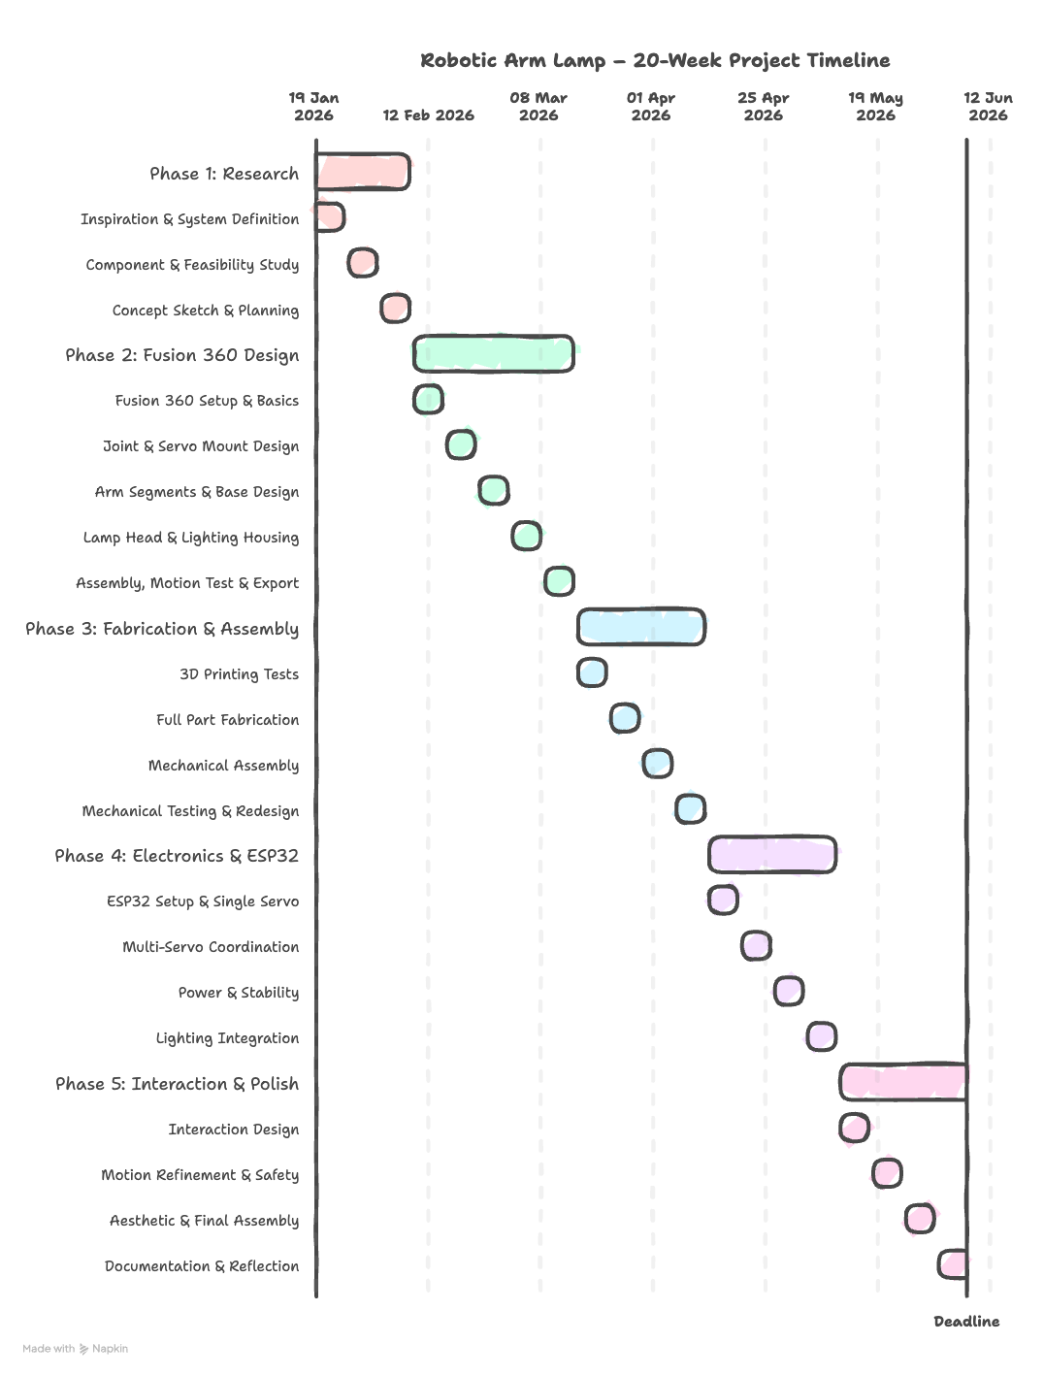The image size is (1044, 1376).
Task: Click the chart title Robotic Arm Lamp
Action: click(655, 60)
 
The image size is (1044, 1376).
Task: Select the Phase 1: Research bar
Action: click(363, 172)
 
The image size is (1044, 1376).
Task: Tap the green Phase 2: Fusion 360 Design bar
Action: click(493, 353)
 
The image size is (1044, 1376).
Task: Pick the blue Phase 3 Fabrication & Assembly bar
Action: click(640, 627)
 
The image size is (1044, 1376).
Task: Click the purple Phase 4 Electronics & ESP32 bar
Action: click(772, 854)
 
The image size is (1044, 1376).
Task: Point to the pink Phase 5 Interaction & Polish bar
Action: click(903, 1082)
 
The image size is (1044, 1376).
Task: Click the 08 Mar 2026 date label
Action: click(538, 107)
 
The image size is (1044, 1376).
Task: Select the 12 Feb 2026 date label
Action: click(428, 115)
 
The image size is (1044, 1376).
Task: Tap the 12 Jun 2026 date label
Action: click(988, 107)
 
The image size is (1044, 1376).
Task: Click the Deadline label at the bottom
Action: click(966, 1322)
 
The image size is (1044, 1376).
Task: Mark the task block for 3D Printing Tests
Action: click(592, 672)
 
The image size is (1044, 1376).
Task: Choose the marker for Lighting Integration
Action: click(821, 1036)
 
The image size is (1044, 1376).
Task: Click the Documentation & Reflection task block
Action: click(953, 1264)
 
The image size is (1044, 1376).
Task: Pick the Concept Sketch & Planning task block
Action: click(395, 309)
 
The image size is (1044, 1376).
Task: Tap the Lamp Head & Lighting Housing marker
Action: click(526, 536)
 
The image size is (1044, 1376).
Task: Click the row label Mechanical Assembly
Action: click(223, 766)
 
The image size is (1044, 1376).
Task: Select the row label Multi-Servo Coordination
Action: click(211, 947)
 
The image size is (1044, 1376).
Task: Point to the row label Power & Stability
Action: click(239, 993)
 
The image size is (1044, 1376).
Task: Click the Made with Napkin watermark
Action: click(75, 1349)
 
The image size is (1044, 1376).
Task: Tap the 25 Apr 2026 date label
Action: click(763, 107)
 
